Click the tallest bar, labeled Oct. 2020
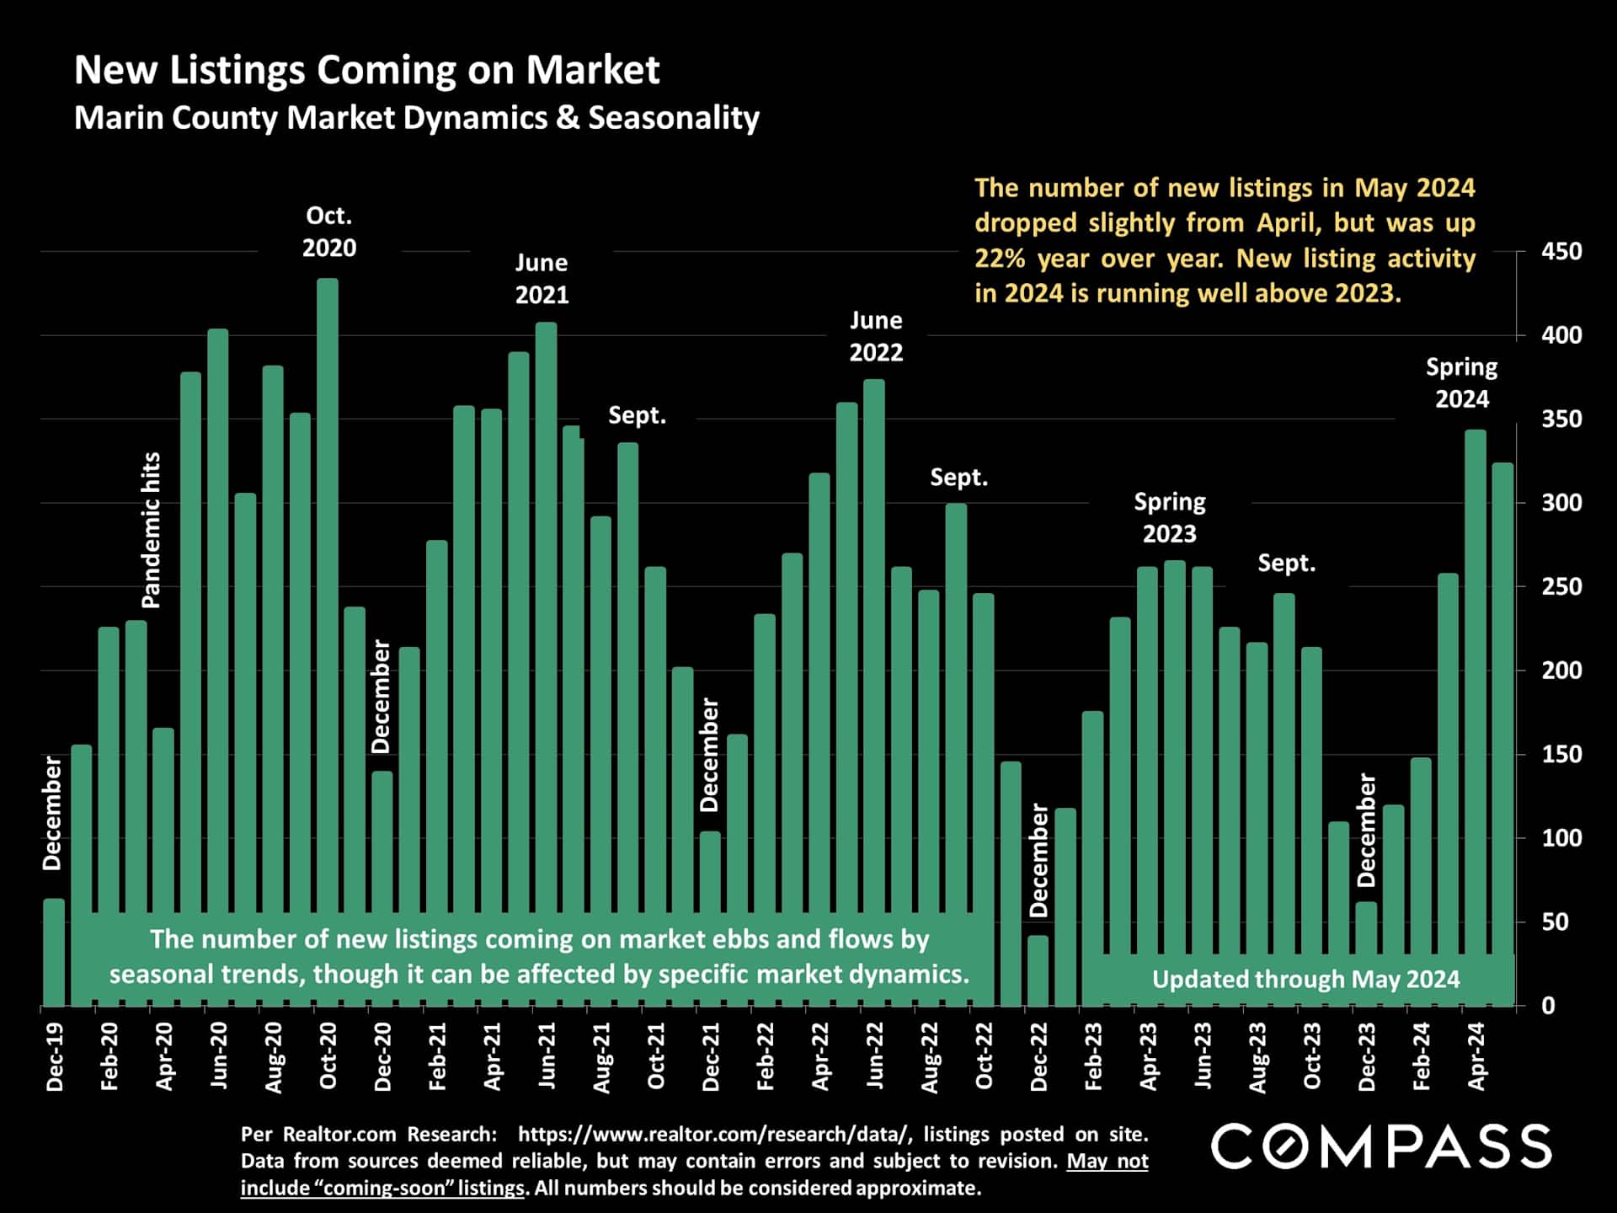point(328,590)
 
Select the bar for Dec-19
point(54,952)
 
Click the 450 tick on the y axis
point(1561,251)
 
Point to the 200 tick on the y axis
point(1561,671)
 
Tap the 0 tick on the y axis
point(1548,1005)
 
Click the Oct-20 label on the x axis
point(328,1056)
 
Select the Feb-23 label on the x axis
point(1093,1056)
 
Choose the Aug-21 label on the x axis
point(601,1058)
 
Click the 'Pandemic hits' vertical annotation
point(151,531)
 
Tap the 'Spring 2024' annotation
point(1461,382)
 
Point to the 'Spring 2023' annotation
point(1170,517)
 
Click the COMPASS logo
point(1381,1146)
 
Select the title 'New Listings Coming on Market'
point(366,70)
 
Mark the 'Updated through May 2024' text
point(1305,979)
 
